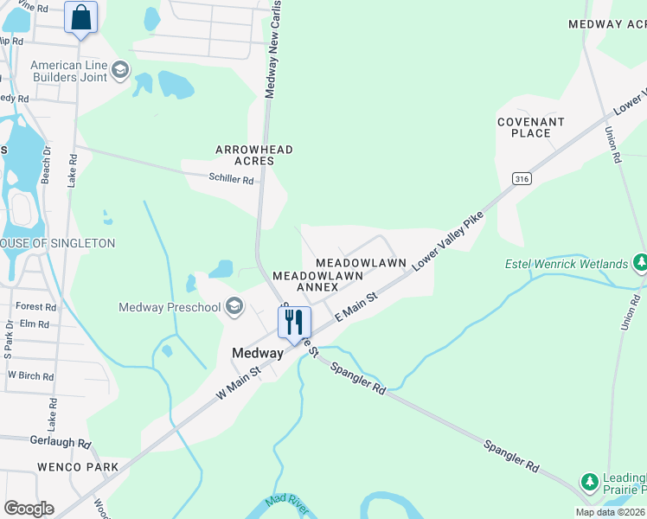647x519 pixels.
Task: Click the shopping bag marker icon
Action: pyautogui.click(x=80, y=17)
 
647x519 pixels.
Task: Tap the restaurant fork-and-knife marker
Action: pyautogui.click(x=294, y=323)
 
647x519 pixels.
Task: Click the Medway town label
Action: pyautogui.click(x=257, y=353)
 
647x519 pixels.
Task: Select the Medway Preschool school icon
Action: pyautogui.click(x=234, y=306)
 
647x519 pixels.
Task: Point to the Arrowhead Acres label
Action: pyautogui.click(x=254, y=155)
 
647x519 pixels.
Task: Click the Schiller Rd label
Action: pyautogui.click(x=231, y=180)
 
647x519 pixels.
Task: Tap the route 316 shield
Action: pyautogui.click(x=521, y=179)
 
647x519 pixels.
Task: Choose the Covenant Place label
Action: pyautogui.click(x=531, y=127)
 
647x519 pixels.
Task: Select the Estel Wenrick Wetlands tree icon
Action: pyautogui.click(x=640, y=262)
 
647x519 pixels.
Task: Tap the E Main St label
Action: pyautogui.click(x=356, y=308)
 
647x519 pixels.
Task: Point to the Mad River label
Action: pyautogui.click(x=287, y=503)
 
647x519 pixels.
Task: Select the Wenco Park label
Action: pyautogui.click(x=77, y=467)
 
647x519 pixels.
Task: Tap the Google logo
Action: pyautogui.click(x=29, y=508)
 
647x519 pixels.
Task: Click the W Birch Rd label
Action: pyautogui.click(x=30, y=376)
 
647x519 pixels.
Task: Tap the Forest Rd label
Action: pyautogui.click(x=35, y=306)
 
